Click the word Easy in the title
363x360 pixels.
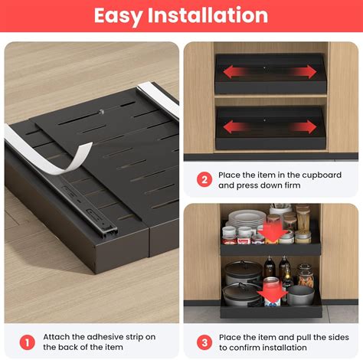[x=122, y=15]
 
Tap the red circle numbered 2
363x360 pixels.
[x=204, y=180]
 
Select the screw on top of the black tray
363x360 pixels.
[x=101, y=113]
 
